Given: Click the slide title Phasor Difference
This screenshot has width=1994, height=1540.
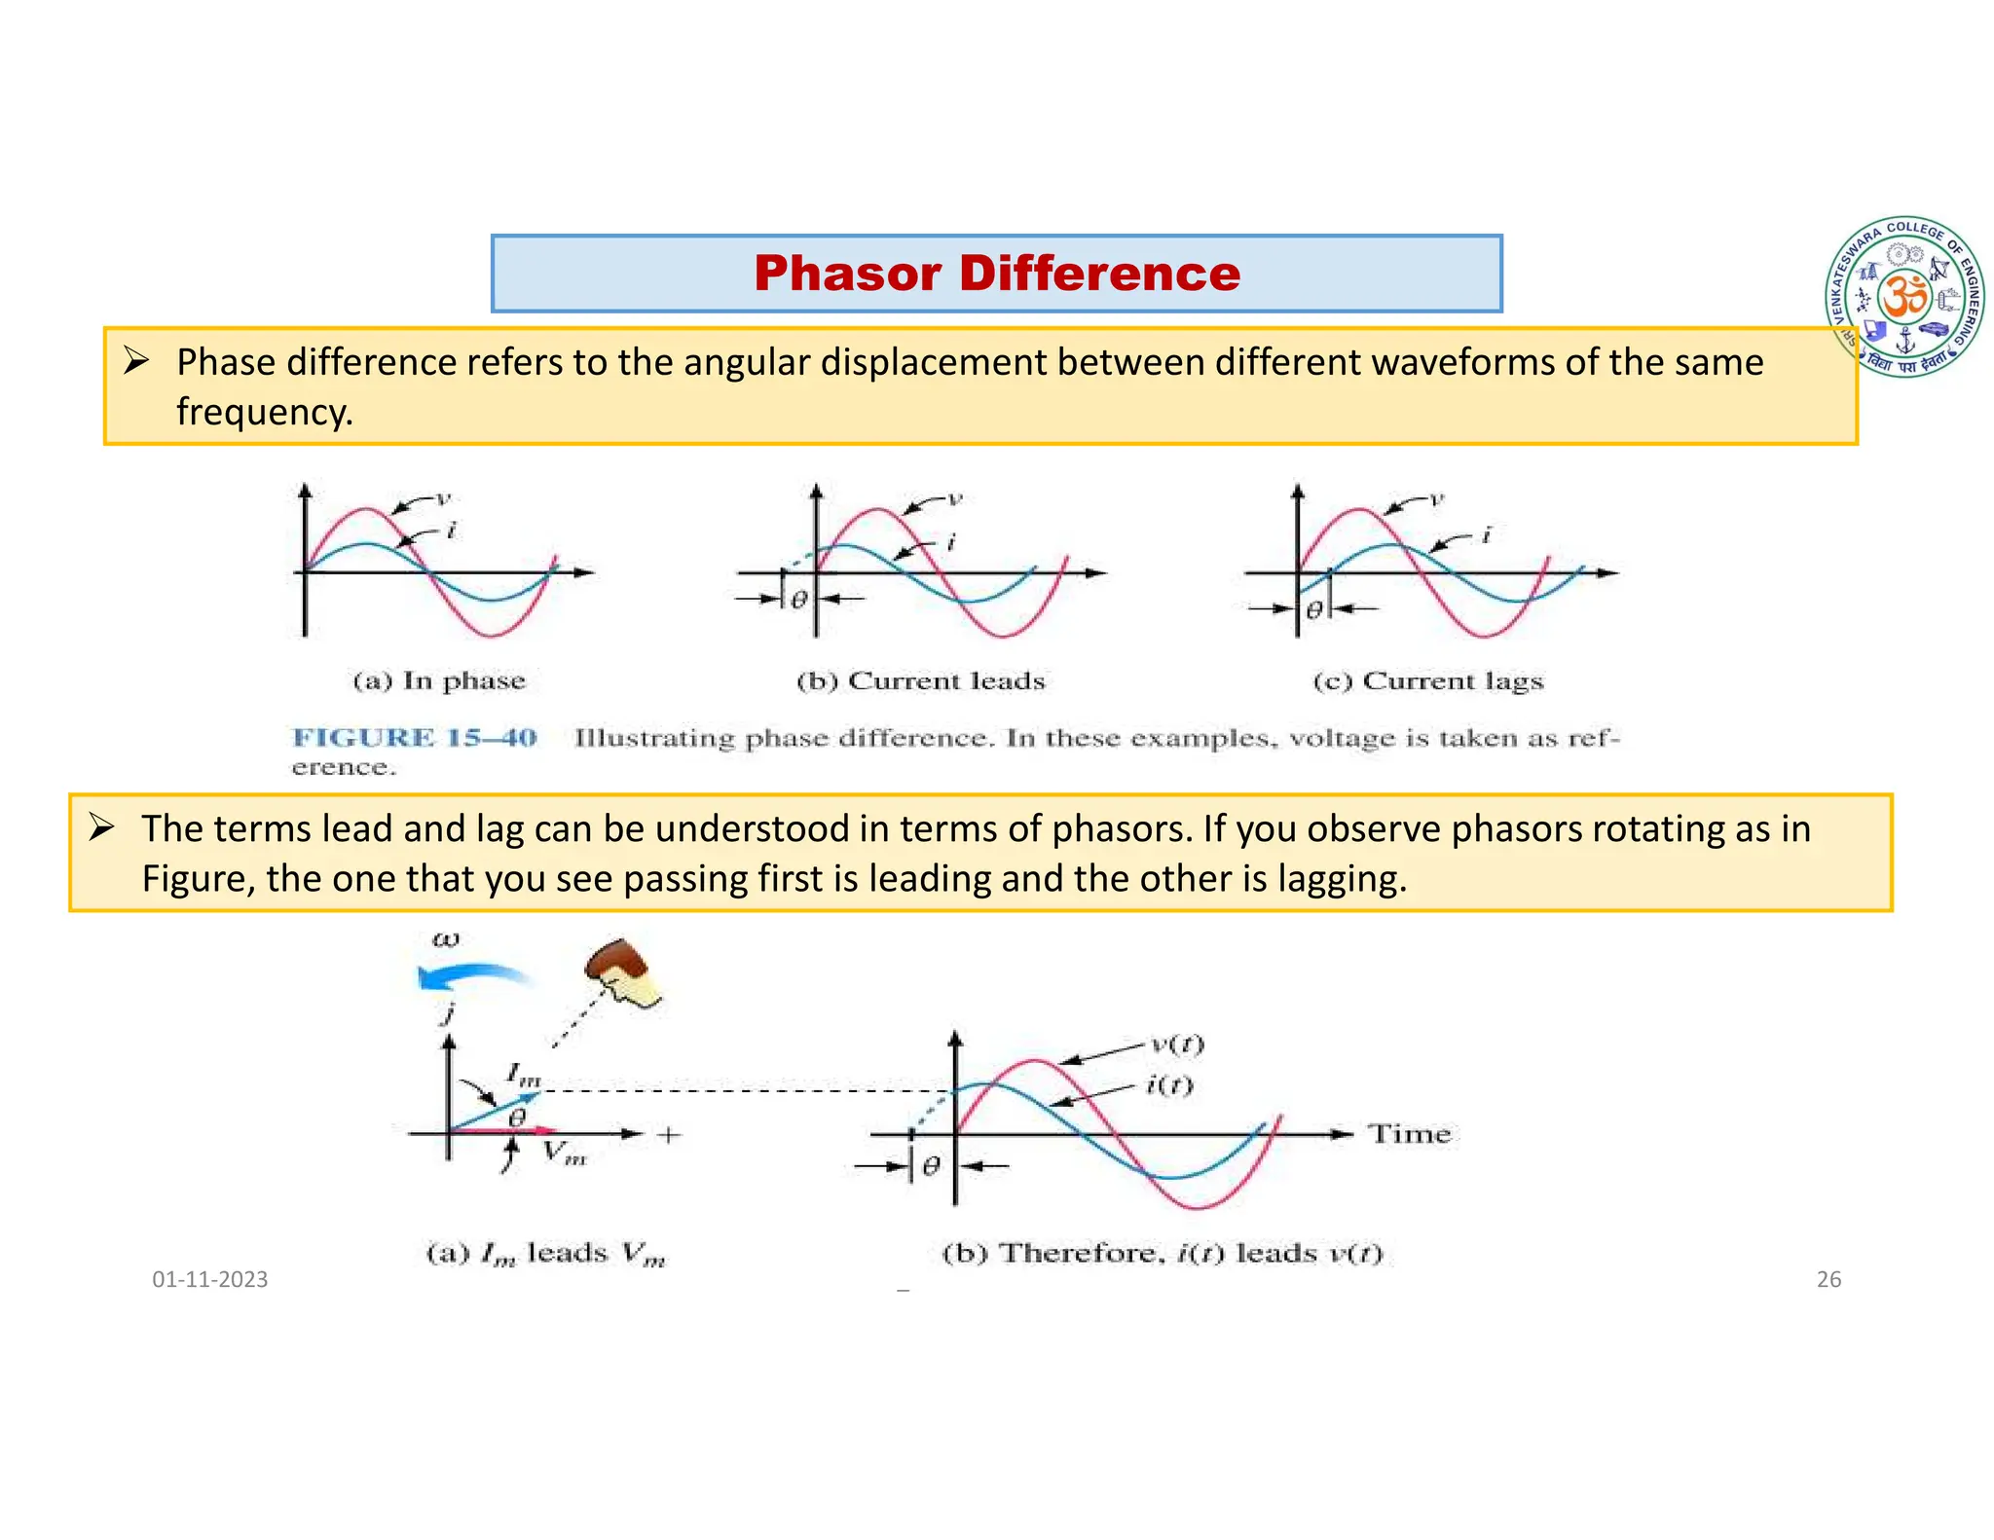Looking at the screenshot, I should (x=996, y=274).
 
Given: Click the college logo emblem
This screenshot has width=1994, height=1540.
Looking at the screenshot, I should (x=1905, y=297).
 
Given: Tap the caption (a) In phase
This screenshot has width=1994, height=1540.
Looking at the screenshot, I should (x=439, y=680).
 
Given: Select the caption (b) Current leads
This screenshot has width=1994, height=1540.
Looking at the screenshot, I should (x=920, y=680).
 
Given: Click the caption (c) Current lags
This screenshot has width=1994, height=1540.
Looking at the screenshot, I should (x=1428, y=680).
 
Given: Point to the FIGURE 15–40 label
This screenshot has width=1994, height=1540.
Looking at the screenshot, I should (x=415, y=738).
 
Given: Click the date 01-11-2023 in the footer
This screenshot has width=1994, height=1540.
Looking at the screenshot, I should (x=209, y=1279).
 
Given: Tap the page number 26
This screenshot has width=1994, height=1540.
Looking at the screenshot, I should (x=1828, y=1279).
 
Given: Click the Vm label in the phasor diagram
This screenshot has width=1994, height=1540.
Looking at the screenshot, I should (x=564, y=1154).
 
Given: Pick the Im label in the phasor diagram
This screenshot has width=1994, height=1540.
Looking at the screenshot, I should (x=523, y=1075).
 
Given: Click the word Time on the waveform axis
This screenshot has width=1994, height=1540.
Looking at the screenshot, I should (x=1409, y=1134).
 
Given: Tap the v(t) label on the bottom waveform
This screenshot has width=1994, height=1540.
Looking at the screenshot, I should (x=1177, y=1045).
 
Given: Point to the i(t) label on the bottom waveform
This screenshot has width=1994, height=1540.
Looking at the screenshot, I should (x=1169, y=1084).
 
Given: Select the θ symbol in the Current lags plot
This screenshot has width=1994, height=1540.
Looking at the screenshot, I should (x=1313, y=610).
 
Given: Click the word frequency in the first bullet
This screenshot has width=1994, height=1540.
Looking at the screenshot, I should (x=263, y=412).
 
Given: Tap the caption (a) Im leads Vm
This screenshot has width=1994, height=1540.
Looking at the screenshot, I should (x=545, y=1254).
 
